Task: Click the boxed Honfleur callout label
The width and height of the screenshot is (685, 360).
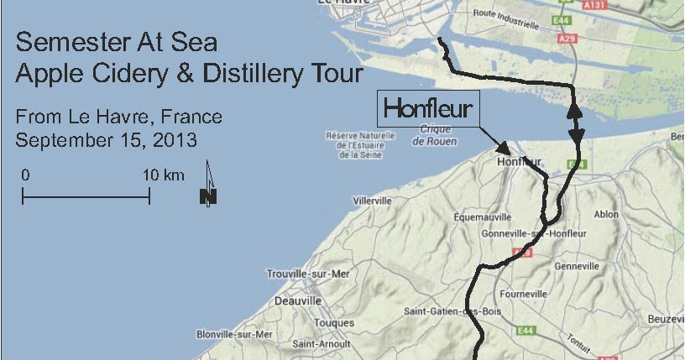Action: (x=428, y=108)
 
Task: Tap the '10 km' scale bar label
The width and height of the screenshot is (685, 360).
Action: (x=163, y=175)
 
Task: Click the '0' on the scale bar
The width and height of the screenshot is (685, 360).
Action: (x=26, y=175)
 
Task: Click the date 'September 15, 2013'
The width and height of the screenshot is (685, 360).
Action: (x=106, y=138)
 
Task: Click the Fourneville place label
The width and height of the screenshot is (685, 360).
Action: (x=523, y=295)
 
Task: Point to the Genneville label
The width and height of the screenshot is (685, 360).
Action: (x=577, y=266)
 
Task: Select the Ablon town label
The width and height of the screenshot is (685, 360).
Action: (x=605, y=215)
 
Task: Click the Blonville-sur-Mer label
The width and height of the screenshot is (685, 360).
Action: (x=234, y=334)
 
